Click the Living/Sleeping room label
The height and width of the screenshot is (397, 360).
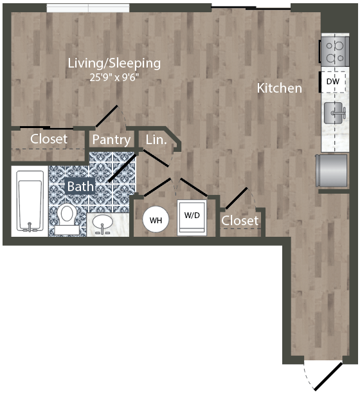tap(114, 63)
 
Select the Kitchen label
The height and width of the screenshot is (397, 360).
tap(279, 88)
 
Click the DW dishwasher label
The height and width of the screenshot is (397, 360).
tap(332, 82)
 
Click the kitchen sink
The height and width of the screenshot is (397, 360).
tap(334, 114)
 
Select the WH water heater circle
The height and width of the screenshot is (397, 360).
tap(155, 220)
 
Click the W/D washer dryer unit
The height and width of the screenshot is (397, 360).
tap(192, 217)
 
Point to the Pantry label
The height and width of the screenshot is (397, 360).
tap(112, 140)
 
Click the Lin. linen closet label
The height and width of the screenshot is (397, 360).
tap(156, 139)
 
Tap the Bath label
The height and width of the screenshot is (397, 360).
tap(81, 187)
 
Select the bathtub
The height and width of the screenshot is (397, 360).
tap(29, 200)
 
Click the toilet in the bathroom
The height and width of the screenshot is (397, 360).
tap(67, 217)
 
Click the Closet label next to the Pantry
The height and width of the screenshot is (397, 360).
tap(49, 139)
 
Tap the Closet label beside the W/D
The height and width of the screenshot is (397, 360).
tap(240, 221)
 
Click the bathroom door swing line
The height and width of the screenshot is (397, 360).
tap(121, 167)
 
